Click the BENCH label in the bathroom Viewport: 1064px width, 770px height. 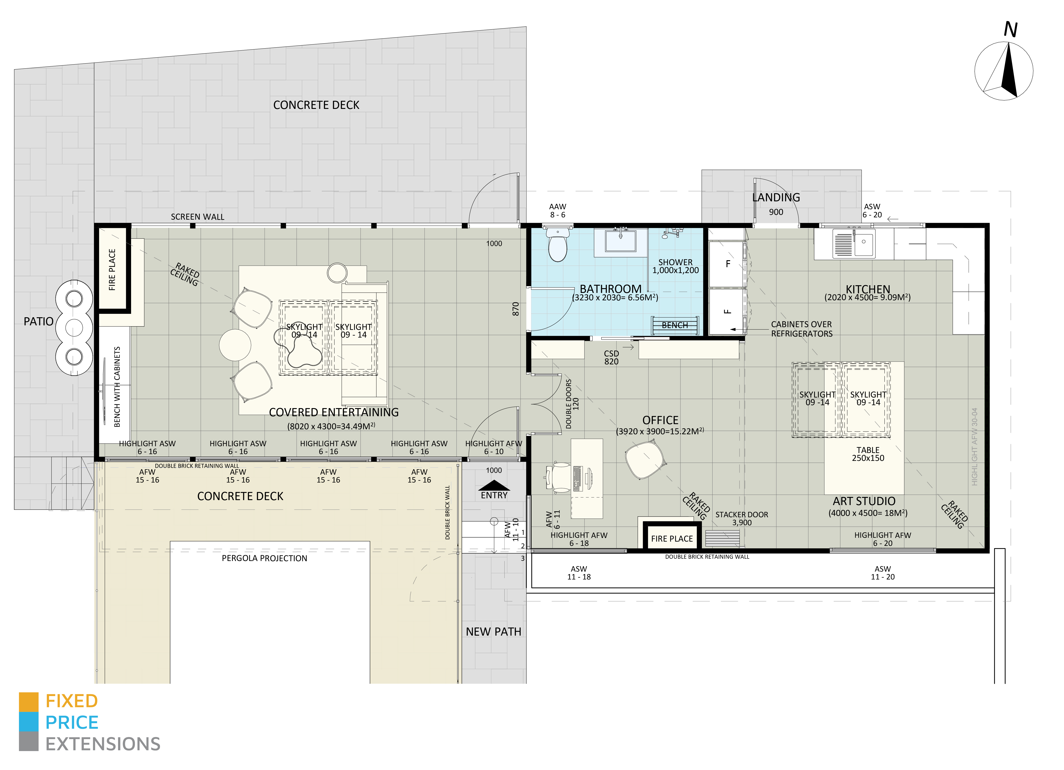point(675,325)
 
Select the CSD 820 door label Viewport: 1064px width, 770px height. point(611,357)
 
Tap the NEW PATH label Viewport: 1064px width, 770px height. point(493,632)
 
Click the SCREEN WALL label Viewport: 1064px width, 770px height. point(197,217)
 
